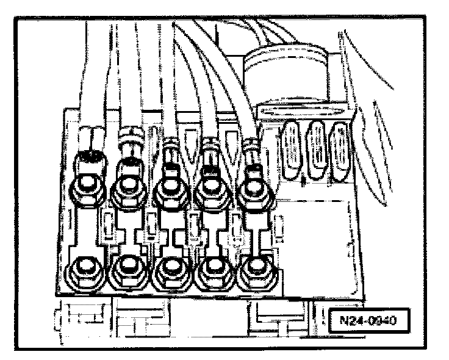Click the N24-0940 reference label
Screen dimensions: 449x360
coord(368,321)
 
